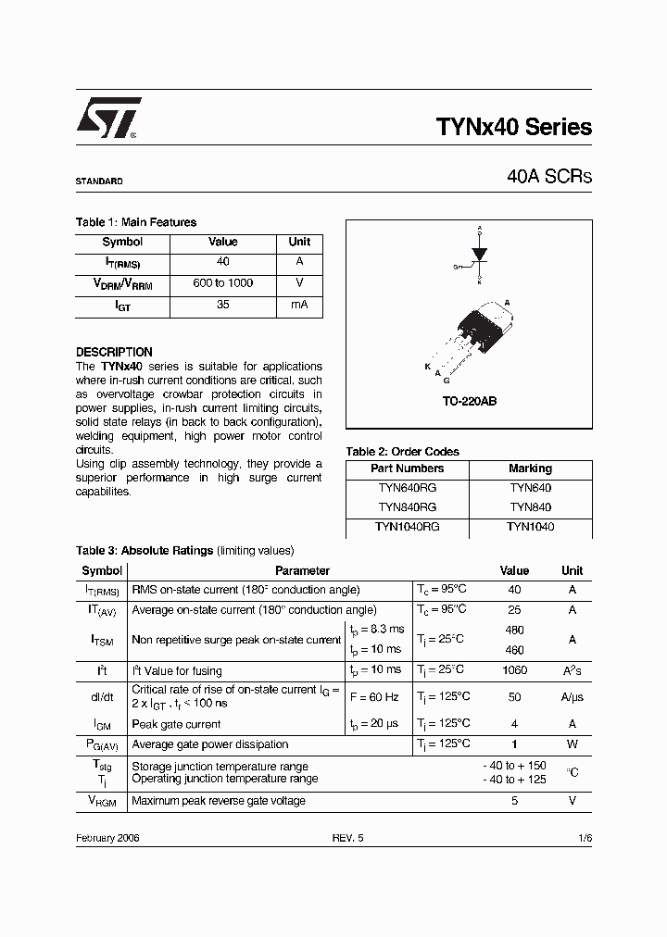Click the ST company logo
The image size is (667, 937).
(x=107, y=119)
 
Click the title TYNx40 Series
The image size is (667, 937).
(x=513, y=128)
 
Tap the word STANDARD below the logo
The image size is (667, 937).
(x=98, y=181)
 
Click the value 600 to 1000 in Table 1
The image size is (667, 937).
(x=222, y=283)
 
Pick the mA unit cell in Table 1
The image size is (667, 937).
(x=299, y=305)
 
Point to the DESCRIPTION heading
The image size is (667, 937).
(x=114, y=352)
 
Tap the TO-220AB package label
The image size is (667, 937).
(x=469, y=403)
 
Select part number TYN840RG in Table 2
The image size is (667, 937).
(x=407, y=507)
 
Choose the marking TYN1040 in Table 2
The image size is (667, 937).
(x=530, y=527)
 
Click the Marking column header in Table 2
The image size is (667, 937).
(x=530, y=468)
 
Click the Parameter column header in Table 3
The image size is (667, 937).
(x=302, y=571)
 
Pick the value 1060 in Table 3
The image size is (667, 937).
(x=514, y=670)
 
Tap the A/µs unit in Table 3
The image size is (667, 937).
(x=573, y=697)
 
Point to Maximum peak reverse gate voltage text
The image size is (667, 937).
(x=219, y=801)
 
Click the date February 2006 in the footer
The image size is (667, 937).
(x=107, y=837)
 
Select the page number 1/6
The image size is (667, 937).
(x=584, y=837)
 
